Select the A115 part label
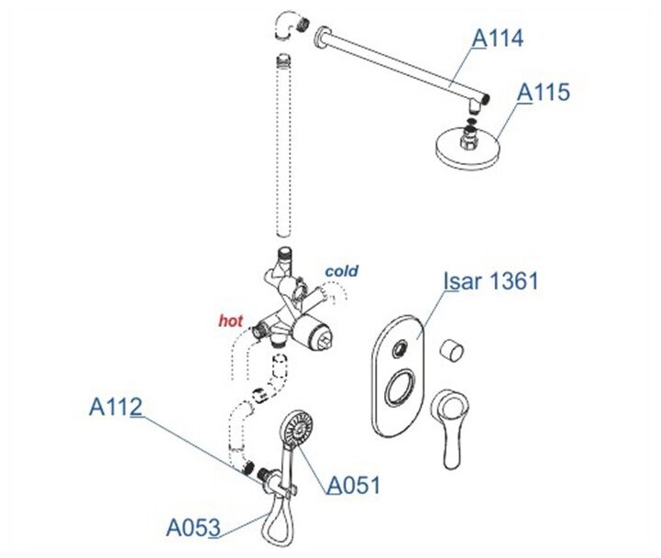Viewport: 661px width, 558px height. tap(544, 93)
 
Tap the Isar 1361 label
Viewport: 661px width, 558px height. tap(490, 280)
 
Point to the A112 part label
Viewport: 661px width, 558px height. tap(116, 406)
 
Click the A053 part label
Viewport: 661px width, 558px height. tap(193, 528)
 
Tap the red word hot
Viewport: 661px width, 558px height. tap(230, 322)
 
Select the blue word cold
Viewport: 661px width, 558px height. tap(340, 271)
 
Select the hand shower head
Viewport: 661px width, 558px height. tap(298, 426)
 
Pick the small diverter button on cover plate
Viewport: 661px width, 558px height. tap(398, 346)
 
